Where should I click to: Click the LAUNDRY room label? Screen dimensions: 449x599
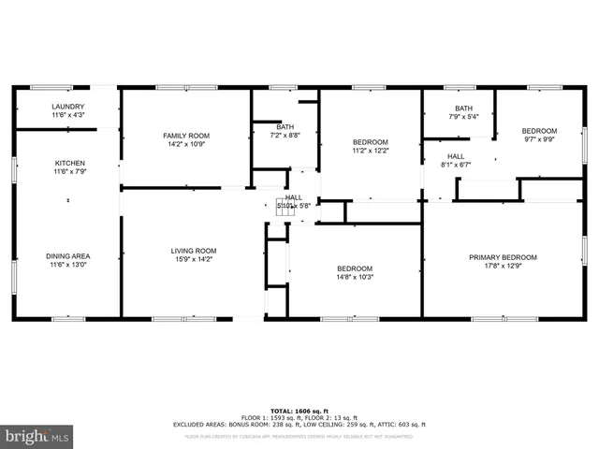68,107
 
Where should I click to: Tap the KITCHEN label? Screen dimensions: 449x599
69,163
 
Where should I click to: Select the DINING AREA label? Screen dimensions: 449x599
68,256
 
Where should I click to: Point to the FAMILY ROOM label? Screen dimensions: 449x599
186,136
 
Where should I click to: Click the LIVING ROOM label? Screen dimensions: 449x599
194,251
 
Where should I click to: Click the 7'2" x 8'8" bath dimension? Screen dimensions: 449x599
285,136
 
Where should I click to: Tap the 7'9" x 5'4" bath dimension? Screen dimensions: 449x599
463,117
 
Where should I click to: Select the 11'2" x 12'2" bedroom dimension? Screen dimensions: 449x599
371,150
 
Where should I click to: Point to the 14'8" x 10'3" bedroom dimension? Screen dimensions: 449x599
355,278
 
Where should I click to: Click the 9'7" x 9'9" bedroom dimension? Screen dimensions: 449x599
539,139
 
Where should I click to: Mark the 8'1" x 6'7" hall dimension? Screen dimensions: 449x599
456,166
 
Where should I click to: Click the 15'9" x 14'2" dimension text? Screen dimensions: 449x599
194,260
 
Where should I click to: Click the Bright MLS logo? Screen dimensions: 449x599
37,436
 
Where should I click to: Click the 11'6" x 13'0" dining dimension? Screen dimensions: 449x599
68,266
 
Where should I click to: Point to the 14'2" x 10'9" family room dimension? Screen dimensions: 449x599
186,145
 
